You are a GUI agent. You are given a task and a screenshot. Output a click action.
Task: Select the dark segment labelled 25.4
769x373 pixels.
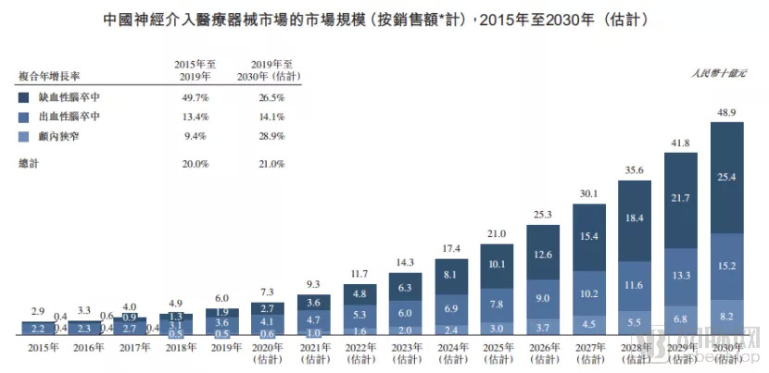click(x=726, y=177)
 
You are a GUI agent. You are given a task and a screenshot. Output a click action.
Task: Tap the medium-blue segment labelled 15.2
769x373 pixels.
click(x=726, y=267)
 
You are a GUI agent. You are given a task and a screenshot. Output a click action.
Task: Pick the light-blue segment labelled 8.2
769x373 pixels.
click(x=726, y=316)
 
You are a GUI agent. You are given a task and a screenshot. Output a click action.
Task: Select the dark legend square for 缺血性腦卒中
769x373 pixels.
click(x=23, y=97)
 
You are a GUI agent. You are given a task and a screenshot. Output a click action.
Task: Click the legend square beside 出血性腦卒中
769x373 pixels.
click(x=23, y=117)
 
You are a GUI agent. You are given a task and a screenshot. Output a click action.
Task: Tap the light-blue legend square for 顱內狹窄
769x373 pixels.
click(x=23, y=136)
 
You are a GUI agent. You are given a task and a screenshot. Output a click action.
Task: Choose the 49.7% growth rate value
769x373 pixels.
click(x=195, y=97)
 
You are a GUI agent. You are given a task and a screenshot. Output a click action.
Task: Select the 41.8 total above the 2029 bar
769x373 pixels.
click(x=681, y=142)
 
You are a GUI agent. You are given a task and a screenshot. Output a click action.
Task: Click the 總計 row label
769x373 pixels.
click(x=29, y=163)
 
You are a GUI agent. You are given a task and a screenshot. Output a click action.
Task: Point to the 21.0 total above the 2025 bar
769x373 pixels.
click(x=498, y=232)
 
